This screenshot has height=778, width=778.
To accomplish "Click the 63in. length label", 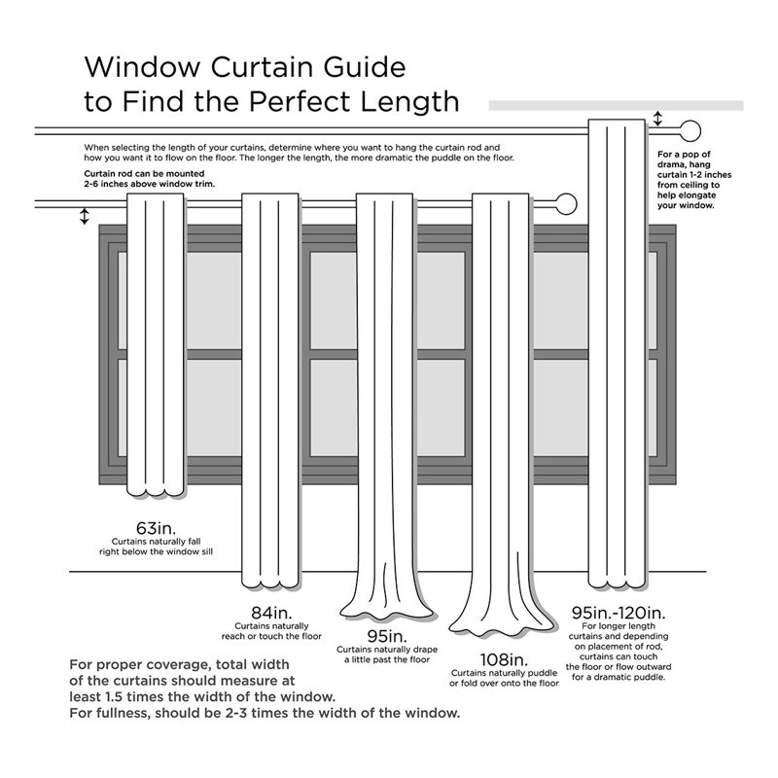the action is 156,527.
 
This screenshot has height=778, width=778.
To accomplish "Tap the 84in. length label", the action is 271,613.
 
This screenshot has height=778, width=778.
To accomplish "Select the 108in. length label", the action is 504,659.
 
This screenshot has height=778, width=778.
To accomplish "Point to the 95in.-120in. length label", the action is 619,613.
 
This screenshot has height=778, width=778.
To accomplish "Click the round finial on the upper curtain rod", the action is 690,131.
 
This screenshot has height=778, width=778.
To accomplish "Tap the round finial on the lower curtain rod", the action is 566,204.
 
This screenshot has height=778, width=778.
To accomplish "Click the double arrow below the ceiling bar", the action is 657,119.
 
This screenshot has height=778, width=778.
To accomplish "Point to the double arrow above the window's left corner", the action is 85,216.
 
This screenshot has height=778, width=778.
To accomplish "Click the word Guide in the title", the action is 365,67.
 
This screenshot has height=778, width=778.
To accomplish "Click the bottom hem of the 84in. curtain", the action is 270,583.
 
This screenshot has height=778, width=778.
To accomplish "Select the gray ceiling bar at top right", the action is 616,105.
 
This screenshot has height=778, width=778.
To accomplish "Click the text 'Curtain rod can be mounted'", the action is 144,174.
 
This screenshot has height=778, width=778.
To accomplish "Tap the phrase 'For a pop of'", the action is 685,155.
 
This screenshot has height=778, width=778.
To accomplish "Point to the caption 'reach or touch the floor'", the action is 271,636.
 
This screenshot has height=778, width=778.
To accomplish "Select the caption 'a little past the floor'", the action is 387,659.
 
